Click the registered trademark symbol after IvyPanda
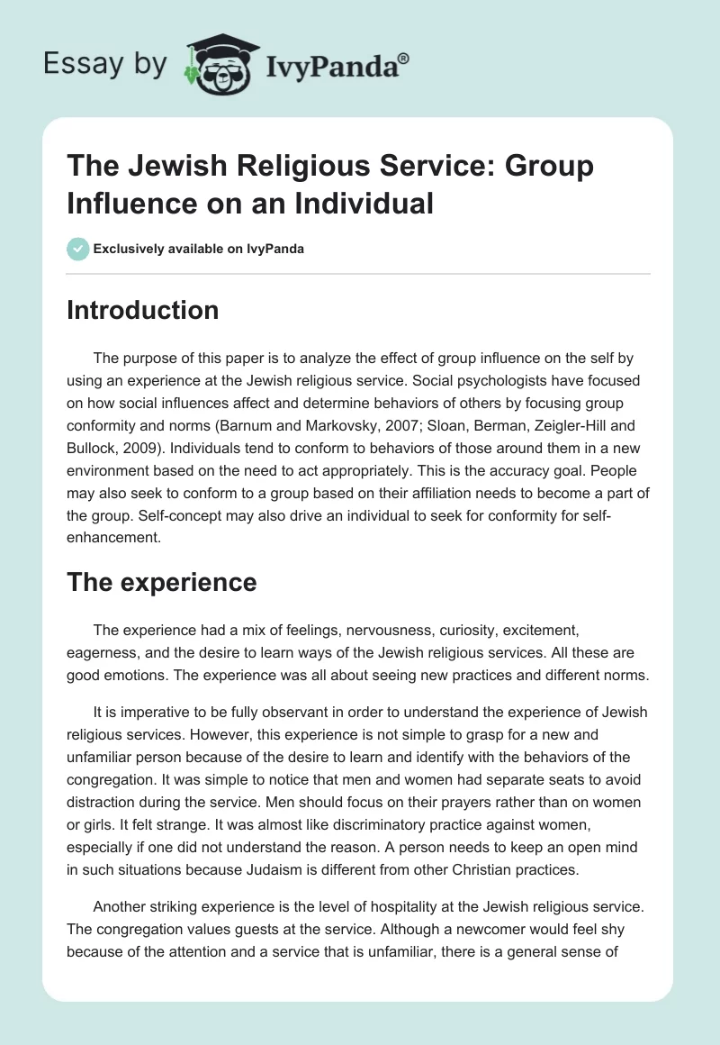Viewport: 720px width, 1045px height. click(x=403, y=57)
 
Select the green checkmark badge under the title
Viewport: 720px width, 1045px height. click(x=78, y=249)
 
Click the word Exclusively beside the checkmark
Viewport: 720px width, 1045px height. click(x=130, y=249)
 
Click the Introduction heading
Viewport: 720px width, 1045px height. click(x=143, y=310)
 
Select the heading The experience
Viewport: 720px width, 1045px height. click(x=162, y=582)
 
